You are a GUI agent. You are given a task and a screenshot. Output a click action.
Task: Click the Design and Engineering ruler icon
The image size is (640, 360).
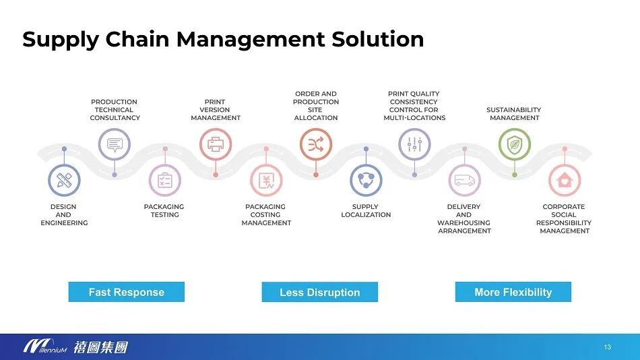(x=64, y=181)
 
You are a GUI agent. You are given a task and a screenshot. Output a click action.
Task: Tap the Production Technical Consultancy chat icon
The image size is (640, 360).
(x=115, y=144)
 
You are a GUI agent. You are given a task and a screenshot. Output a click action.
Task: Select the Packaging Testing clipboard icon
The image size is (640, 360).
(x=165, y=181)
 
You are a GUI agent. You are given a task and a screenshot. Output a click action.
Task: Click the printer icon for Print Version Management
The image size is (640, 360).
(x=216, y=144)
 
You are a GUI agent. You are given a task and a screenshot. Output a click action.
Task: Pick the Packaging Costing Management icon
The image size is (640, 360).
(x=266, y=181)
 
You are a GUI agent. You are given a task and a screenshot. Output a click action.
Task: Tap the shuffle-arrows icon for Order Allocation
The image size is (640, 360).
(x=316, y=144)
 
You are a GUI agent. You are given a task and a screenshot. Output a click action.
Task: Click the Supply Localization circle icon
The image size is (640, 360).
(x=366, y=181)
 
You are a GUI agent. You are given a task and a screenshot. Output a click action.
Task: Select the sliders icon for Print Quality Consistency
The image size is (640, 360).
(x=414, y=144)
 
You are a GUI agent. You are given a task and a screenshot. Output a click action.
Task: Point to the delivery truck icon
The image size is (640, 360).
(x=464, y=181)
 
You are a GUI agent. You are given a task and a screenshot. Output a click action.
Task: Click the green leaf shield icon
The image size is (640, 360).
(x=514, y=144)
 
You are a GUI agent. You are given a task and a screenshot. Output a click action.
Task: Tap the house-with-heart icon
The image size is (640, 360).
(x=565, y=181)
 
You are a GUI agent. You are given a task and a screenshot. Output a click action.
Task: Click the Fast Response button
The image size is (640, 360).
(x=126, y=292)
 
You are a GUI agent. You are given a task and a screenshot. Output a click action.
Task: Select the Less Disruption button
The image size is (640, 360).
(x=319, y=292)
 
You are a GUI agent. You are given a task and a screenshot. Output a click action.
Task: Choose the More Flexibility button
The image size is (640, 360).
(x=513, y=292)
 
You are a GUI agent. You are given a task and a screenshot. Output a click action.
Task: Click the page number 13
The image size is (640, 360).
(x=607, y=347)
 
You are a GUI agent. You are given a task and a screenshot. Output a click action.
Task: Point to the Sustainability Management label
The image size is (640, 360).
(x=513, y=114)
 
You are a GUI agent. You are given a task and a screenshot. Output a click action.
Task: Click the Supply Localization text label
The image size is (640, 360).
(x=366, y=210)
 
